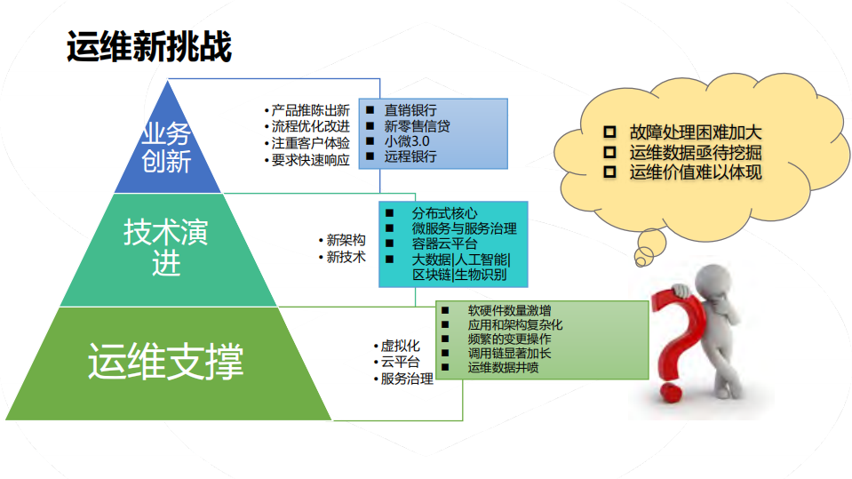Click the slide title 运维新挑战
pyautogui.click(x=149, y=48)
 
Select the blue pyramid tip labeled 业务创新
pyautogui.click(x=166, y=148)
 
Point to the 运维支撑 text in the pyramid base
pyautogui.click(x=166, y=363)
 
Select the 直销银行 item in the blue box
pyautogui.click(x=410, y=110)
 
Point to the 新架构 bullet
pyautogui.click(x=345, y=240)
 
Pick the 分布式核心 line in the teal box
pyautogui.click(x=444, y=213)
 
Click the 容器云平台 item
pyautogui.click(x=444, y=243)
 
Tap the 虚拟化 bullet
pyautogui.click(x=399, y=346)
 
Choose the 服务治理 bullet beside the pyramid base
pyautogui.click(x=405, y=379)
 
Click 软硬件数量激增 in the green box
pyautogui.click(x=509, y=310)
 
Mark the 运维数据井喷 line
pyautogui.click(x=503, y=367)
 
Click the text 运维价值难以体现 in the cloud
pyautogui.click(x=696, y=172)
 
